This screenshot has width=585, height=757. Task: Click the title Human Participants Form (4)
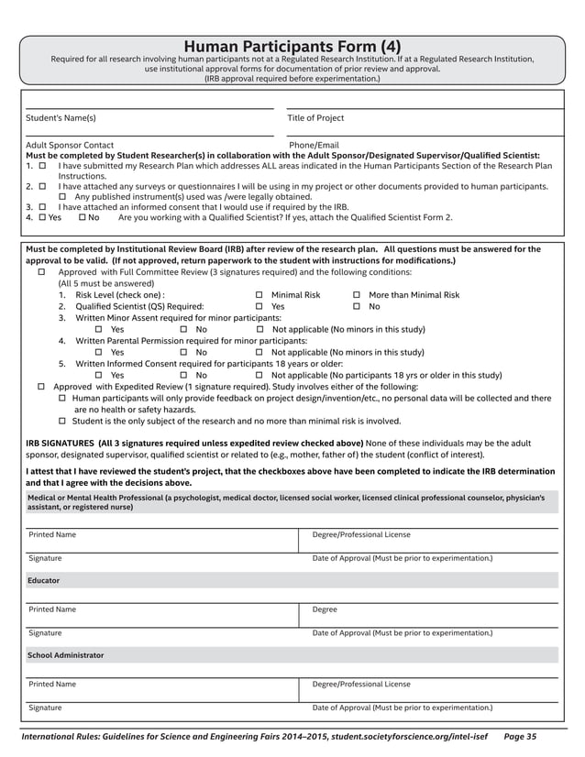point(292,47)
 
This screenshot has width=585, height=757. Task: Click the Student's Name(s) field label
point(61,118)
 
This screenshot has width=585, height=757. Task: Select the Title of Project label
point(315,118)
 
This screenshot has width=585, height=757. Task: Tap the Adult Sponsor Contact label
point(70,145)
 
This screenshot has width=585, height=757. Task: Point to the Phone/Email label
point(314,145)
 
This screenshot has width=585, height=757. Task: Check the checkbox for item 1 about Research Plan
point(42,166)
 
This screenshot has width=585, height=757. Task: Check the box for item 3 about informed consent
point(42,207)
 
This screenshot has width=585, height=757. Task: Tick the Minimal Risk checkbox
point(259,295)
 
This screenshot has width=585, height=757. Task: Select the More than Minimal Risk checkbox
point(357,295)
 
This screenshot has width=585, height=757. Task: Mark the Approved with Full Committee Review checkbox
point(42,272)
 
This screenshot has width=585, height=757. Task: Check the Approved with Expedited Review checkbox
point(42,387)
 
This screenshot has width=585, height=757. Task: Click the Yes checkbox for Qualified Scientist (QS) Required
point(259,307)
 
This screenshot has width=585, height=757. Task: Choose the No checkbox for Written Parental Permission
point(184,352)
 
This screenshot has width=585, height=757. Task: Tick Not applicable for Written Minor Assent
point(260,329)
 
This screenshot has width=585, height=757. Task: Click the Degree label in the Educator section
point(325,609)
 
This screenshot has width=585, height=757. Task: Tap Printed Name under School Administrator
point(52,684)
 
